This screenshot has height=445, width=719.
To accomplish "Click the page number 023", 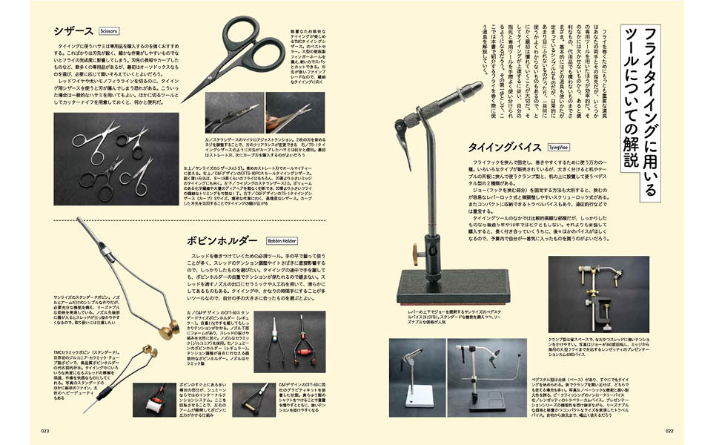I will [44, 430].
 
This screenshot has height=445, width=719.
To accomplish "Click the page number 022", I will [669, 430].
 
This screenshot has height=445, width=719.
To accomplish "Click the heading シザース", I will [73, 31].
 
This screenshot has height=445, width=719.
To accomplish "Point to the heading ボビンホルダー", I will [222, 240].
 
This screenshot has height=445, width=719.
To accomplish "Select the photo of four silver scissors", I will [116, 158].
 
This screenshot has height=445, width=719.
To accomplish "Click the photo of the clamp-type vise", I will [598, 294].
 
